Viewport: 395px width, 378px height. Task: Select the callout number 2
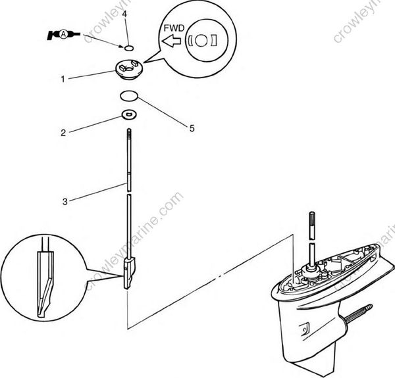(63, 132)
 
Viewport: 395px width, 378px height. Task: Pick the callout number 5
(192, 129)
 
